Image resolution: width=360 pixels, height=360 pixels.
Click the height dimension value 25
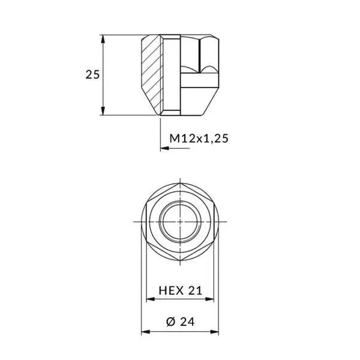coord(92,75)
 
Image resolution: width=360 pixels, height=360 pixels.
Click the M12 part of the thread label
coord(181,139)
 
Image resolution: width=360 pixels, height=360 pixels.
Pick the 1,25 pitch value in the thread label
coord(215,139)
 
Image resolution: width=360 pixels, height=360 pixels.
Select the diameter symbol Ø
coord(169,322)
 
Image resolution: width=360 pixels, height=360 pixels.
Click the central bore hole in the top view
coord(180,221)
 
